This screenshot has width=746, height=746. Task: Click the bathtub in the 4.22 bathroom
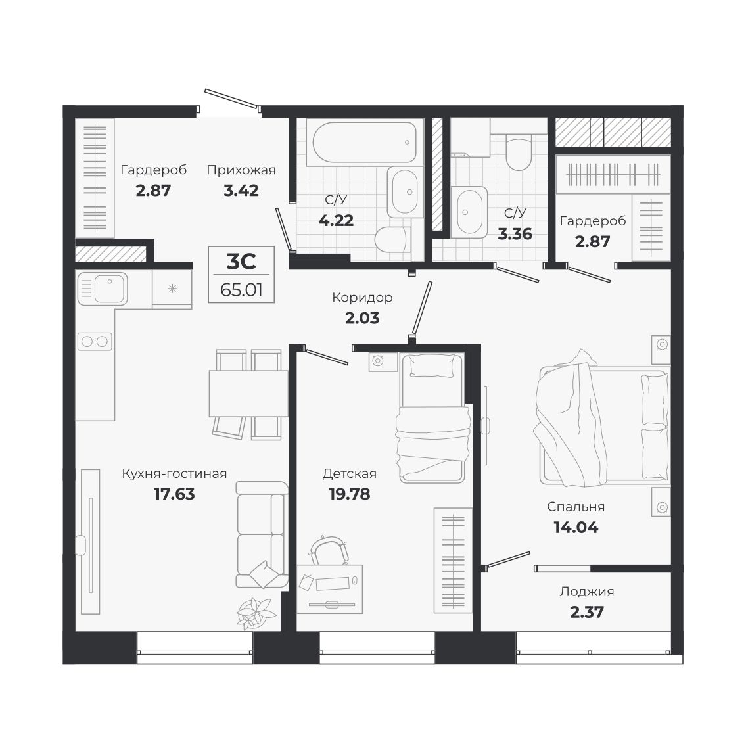click(x=364, y=142)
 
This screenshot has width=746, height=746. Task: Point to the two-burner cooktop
click(x=95, y=341)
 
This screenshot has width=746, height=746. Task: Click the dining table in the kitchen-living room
click(x=248, y=394)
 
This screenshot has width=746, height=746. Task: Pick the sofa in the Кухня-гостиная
click(x=262, y=534)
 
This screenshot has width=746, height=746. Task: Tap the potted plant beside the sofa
click(x=256, y=613)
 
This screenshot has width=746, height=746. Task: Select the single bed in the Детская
click(x=432, y=418)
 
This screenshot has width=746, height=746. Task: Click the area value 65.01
click(x=241, y=290)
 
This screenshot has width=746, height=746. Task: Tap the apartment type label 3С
click(x=241, y=261)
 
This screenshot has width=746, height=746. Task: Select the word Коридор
click(x=362, y=297)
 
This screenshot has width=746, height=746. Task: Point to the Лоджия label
click(x=587, y=592)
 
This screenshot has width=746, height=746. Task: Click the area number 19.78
click(x=349, y=494)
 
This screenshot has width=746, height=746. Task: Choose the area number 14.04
click(x=576, y=527)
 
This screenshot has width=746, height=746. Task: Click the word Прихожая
click(x=241, y=170)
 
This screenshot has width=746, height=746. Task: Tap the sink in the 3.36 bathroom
click(x=469, y=212)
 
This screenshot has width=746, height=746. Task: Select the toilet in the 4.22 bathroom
click(x=392, y=239)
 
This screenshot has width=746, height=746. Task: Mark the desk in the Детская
click(x=329, y=589)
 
